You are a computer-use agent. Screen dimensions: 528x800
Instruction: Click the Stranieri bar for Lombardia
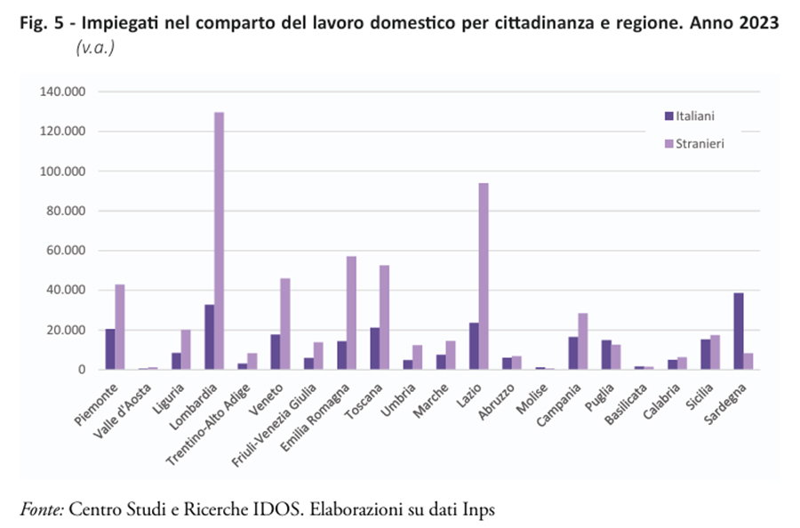[219, 241]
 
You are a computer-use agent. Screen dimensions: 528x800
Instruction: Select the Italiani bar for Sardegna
[737, 331]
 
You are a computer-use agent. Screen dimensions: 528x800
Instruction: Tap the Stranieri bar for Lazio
[483, 276]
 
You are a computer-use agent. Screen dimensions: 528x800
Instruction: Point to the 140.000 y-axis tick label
[61, 92]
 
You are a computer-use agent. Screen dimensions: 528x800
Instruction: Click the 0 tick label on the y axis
[80, 370]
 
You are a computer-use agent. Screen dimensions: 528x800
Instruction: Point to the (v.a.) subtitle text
[95, 47]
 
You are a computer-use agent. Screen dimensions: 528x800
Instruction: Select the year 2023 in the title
[757, 22]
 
